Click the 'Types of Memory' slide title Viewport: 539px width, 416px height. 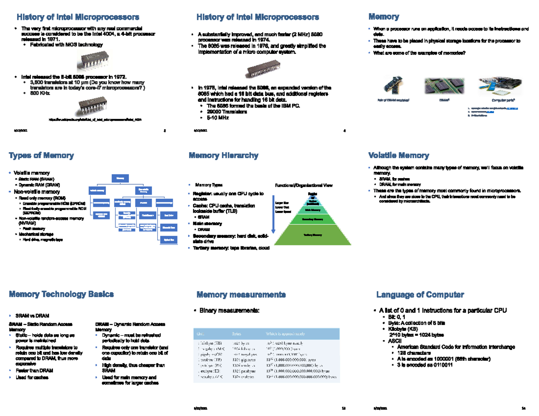[41, 156]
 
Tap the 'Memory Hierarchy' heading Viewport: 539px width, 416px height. [223, 156]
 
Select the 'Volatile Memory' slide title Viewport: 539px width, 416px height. [398, 156]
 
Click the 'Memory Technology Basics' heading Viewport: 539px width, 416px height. [62, 294]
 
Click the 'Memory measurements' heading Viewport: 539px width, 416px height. [241, 295]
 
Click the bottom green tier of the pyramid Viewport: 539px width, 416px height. [313, 234]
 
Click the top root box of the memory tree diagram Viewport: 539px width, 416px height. [120, 178]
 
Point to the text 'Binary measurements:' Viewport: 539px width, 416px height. [229, 311]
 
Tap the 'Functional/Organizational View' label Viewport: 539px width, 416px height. [304, 185]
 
